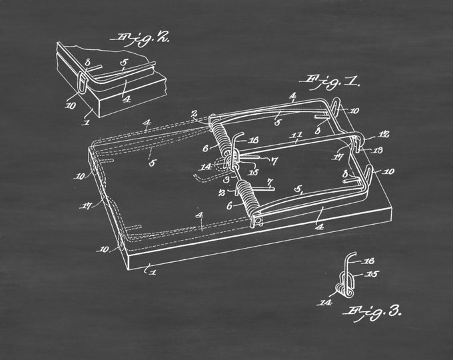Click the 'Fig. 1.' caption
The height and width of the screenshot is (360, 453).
(329, 83)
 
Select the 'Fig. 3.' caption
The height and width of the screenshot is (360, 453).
(372, 313)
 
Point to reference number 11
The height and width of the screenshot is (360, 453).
(296, 135)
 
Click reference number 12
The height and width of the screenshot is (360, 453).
(384, 135)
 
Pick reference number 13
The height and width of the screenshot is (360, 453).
(378, 150)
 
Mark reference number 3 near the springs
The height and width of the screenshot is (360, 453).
(226, 179)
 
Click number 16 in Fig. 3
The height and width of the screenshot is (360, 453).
(369, 261)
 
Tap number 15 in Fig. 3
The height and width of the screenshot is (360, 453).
(372, 273)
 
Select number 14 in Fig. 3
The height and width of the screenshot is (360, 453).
(325, 303)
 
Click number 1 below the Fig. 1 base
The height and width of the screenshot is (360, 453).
(153, 272)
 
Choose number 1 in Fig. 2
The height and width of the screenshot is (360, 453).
(87, 122)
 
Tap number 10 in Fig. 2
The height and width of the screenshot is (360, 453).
(70, 106)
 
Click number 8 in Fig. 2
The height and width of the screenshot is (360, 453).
(88, 63)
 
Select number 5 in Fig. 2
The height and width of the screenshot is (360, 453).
(124, 63)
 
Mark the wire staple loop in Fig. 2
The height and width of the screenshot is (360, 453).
(83, 83)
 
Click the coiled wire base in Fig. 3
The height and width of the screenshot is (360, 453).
(344, 289)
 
